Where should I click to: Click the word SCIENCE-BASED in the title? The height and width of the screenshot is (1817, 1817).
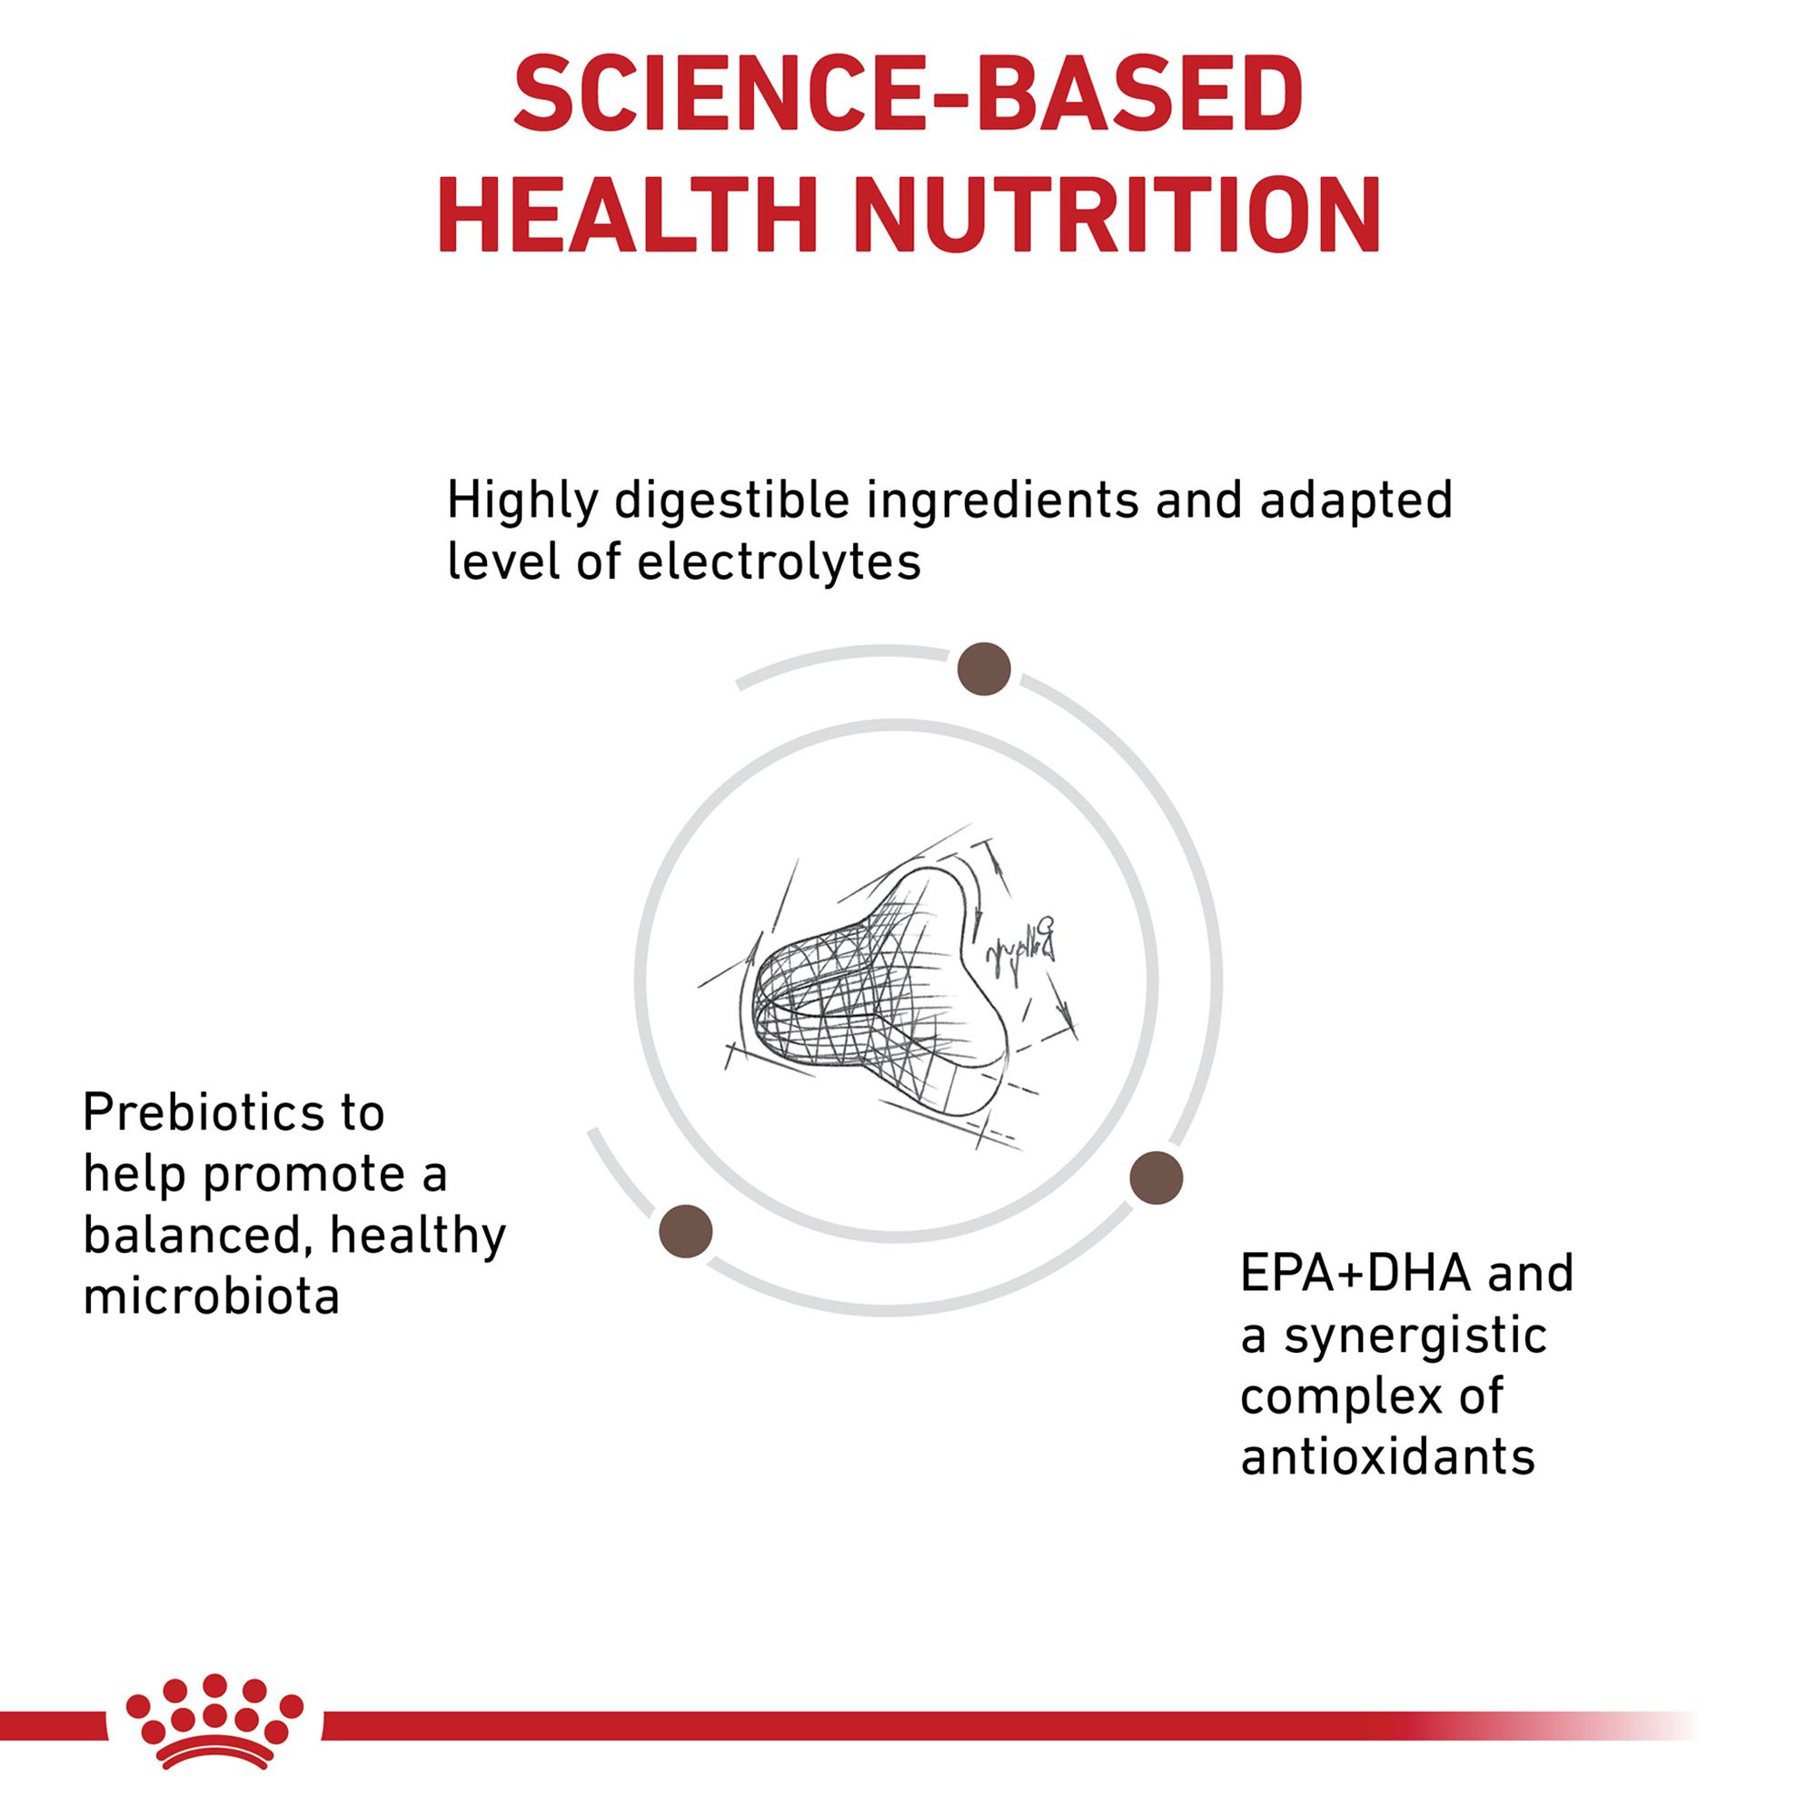tap(908, 95)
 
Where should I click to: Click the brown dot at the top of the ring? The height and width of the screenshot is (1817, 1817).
tap(984, 669)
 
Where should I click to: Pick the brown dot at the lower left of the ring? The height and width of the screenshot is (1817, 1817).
tap(686, 1231)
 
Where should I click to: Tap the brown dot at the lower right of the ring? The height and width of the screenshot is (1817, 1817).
tap(1156, 1177)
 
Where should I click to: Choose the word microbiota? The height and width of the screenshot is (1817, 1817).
tap(212, 1296)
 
